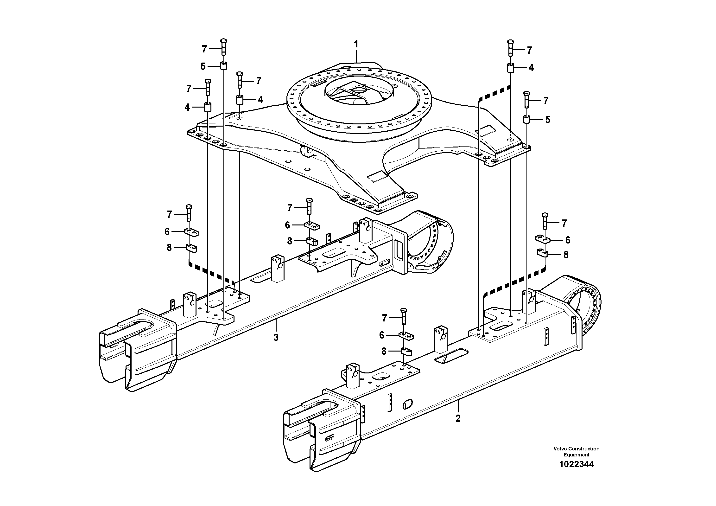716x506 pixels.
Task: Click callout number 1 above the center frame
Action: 356,44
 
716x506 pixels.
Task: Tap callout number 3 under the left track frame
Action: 276,338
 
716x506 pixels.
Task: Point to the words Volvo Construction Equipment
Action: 576,452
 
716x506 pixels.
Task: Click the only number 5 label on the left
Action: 203,66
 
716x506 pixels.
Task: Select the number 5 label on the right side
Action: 548,120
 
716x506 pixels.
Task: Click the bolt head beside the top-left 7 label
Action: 223,41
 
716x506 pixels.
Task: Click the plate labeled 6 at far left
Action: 191,232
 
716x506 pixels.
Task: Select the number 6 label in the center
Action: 287,225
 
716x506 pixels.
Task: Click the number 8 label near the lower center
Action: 384,352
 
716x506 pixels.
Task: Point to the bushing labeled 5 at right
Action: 527,119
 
